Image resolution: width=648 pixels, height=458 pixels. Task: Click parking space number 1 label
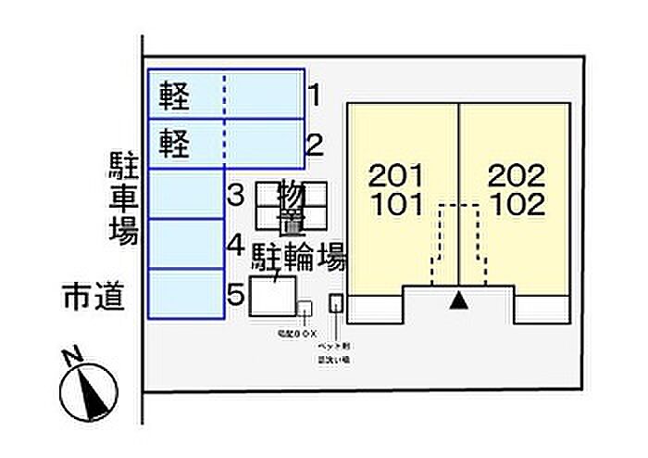coord(314,95)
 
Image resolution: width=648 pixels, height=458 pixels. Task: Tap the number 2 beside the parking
coord(314,145)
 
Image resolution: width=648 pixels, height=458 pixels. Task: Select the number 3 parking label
coord(235,196)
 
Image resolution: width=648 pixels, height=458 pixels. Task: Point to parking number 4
coord(235,246)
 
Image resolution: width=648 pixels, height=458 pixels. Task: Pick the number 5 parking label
coord(235,295)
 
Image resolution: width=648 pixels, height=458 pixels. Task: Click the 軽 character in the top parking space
coord(174,95)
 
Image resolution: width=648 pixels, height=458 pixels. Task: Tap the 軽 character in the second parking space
coord(174,144)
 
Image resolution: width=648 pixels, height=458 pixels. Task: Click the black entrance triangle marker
coord(457,299)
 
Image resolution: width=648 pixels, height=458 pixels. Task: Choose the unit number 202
coord(516,174)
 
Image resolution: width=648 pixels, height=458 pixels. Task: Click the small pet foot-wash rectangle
coord(336,303)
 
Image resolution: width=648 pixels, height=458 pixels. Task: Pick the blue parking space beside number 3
coord(185,194)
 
